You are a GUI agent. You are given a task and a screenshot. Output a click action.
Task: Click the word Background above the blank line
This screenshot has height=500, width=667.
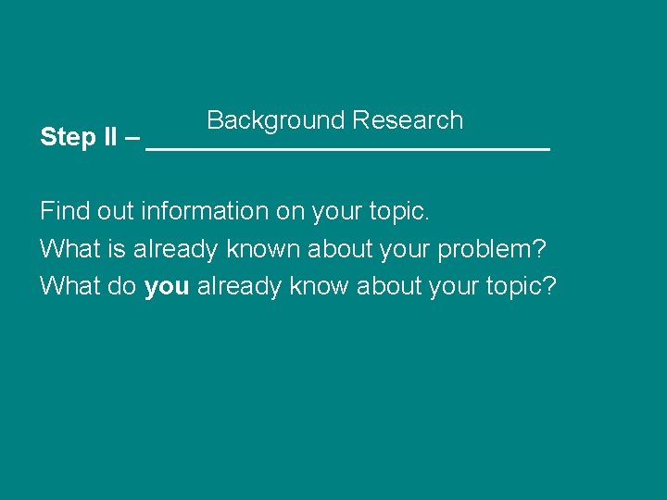click(x=276, y=121)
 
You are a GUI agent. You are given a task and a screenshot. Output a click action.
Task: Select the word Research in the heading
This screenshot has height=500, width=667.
click(x=408, y=120)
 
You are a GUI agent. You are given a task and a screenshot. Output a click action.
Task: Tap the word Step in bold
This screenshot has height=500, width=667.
click(x=68, y=138)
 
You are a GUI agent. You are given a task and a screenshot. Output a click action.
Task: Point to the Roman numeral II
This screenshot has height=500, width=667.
click(x=109, y=138)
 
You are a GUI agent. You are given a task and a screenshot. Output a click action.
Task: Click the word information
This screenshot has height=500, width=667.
click(x=204, y=211)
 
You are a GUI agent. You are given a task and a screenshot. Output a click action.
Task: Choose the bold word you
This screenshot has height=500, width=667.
click(x=167, y=287)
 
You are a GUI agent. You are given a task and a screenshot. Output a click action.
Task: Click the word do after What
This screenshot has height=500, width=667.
click(x=123, y=287)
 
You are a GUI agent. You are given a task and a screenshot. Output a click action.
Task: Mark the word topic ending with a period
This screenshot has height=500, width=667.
click(x=396, y=211)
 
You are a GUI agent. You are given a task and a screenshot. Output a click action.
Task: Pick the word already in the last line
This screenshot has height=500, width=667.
click(x=239, y=287)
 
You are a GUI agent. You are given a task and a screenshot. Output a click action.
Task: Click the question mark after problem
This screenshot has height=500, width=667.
click(x=540, y=249)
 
